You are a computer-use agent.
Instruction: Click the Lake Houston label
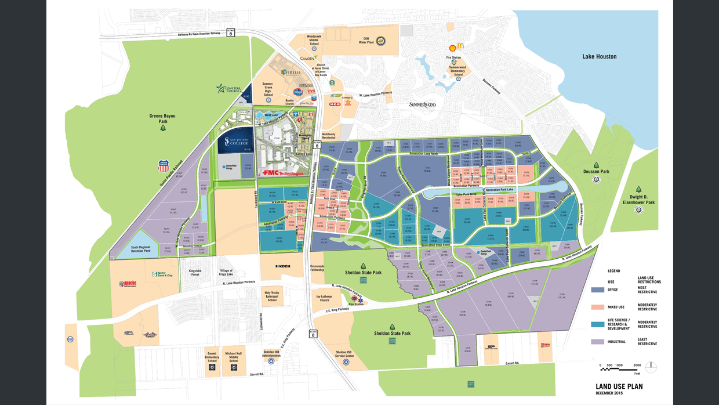599,56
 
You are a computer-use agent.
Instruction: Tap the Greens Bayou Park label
162,118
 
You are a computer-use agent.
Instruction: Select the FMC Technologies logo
282,173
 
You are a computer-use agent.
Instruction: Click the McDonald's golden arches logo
460,47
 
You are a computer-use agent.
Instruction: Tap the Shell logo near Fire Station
452,48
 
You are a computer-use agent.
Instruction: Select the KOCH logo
282,266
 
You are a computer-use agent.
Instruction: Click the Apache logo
127,284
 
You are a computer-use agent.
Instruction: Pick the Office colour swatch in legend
597,290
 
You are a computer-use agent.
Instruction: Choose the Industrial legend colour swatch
597,342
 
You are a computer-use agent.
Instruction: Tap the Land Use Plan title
619,386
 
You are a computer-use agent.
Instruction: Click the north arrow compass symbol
651,366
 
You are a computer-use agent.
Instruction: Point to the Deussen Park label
596,172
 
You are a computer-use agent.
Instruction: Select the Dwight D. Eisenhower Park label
638,198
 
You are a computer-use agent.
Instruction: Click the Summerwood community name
422,104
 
